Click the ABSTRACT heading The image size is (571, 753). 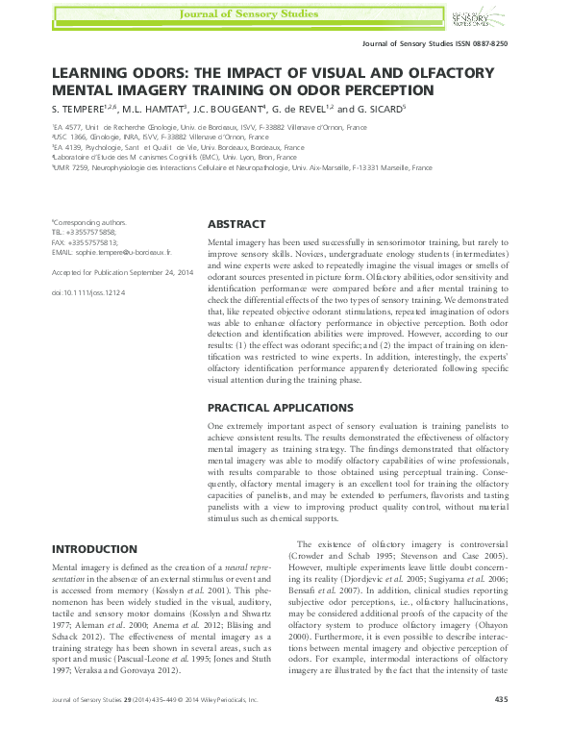click(236, 223)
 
